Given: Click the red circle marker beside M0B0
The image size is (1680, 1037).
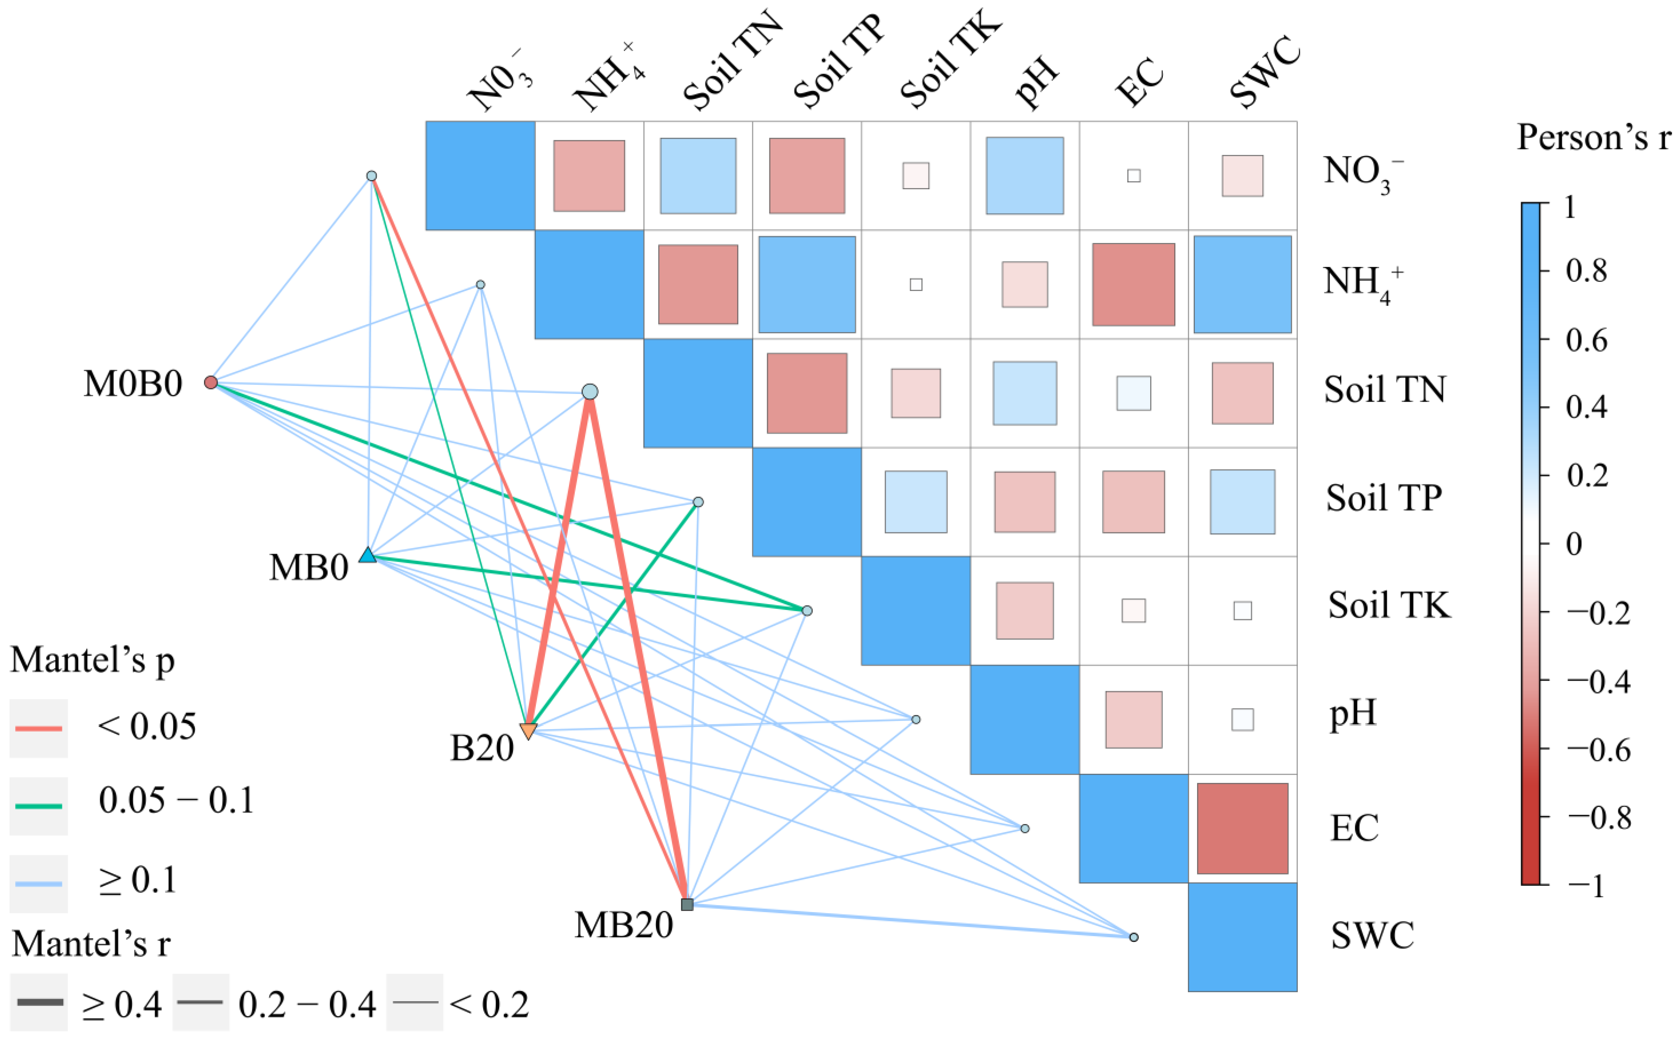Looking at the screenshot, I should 211,382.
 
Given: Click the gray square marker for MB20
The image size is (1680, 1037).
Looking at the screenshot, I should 687,904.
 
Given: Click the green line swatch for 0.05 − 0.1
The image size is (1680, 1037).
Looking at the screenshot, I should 38,806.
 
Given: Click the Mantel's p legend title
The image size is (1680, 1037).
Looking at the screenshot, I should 93,660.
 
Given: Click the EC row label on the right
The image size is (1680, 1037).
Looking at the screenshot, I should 1354,828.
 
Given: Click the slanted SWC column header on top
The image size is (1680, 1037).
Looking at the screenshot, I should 1265,72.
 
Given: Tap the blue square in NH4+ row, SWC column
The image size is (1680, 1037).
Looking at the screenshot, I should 1242,284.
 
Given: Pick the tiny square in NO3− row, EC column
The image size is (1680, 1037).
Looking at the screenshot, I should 1134,176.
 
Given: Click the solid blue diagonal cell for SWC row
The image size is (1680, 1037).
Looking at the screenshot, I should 1242,937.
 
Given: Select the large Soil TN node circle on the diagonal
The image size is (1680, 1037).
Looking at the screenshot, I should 590,391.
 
